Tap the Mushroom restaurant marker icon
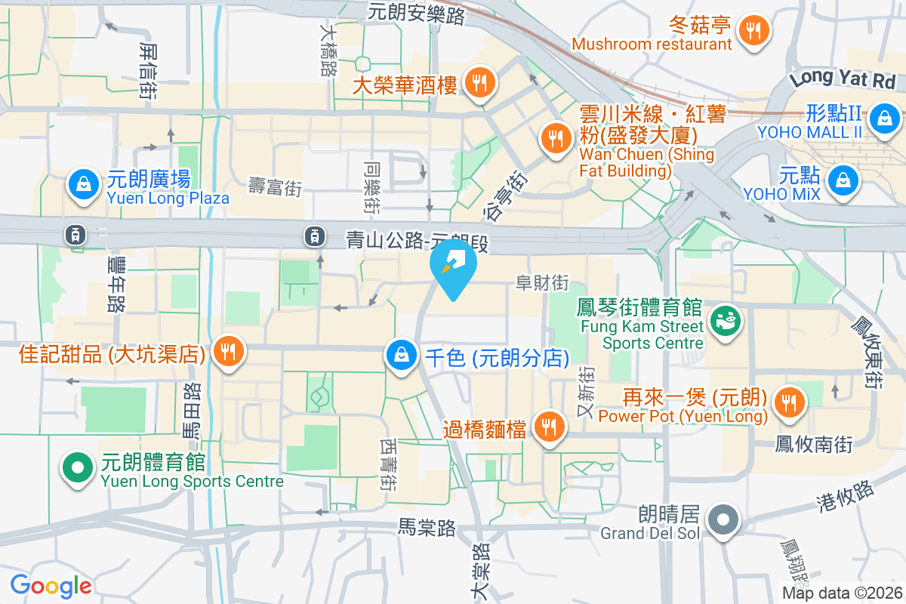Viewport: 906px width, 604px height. click(x=753, y=32)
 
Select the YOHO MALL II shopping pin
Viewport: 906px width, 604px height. click(x=883, y=117)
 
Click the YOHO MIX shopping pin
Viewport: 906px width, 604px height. click(x=840, y=180)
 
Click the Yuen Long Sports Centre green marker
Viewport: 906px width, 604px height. click(x=77, y=468)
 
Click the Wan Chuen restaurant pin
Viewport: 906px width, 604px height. click(x=556, y=137)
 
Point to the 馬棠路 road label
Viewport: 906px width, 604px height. click(x=427, y=527)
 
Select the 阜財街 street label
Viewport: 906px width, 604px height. click(x=541, y=282)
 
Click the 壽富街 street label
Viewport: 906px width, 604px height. click(x=275, y=186)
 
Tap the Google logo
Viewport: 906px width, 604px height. click(x=51, y=585)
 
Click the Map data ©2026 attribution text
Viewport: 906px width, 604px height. click(x=841, y=593)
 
